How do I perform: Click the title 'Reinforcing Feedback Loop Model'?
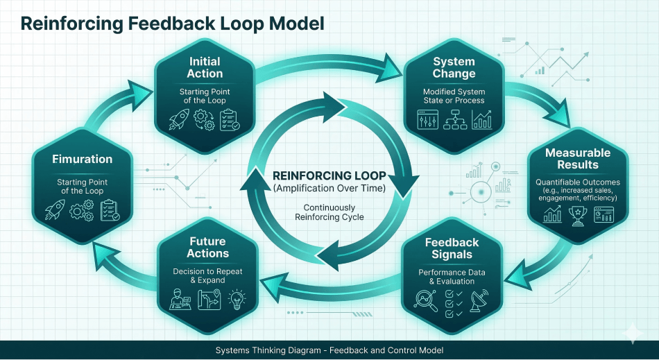[x=173, y=24]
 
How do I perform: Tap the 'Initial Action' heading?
[x=205, y=67]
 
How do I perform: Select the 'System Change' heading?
[x=454, y=67]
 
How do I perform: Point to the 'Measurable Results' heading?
[x=578, y=158]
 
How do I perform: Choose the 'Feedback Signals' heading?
[x=452, y=248]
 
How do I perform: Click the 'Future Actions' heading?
[x=207, y=248]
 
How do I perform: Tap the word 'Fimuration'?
[x=83, y=160]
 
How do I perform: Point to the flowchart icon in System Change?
[x=454, y=121]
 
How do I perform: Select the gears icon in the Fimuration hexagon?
[x=83, y=210]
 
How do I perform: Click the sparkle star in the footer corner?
[x=632, y=334]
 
